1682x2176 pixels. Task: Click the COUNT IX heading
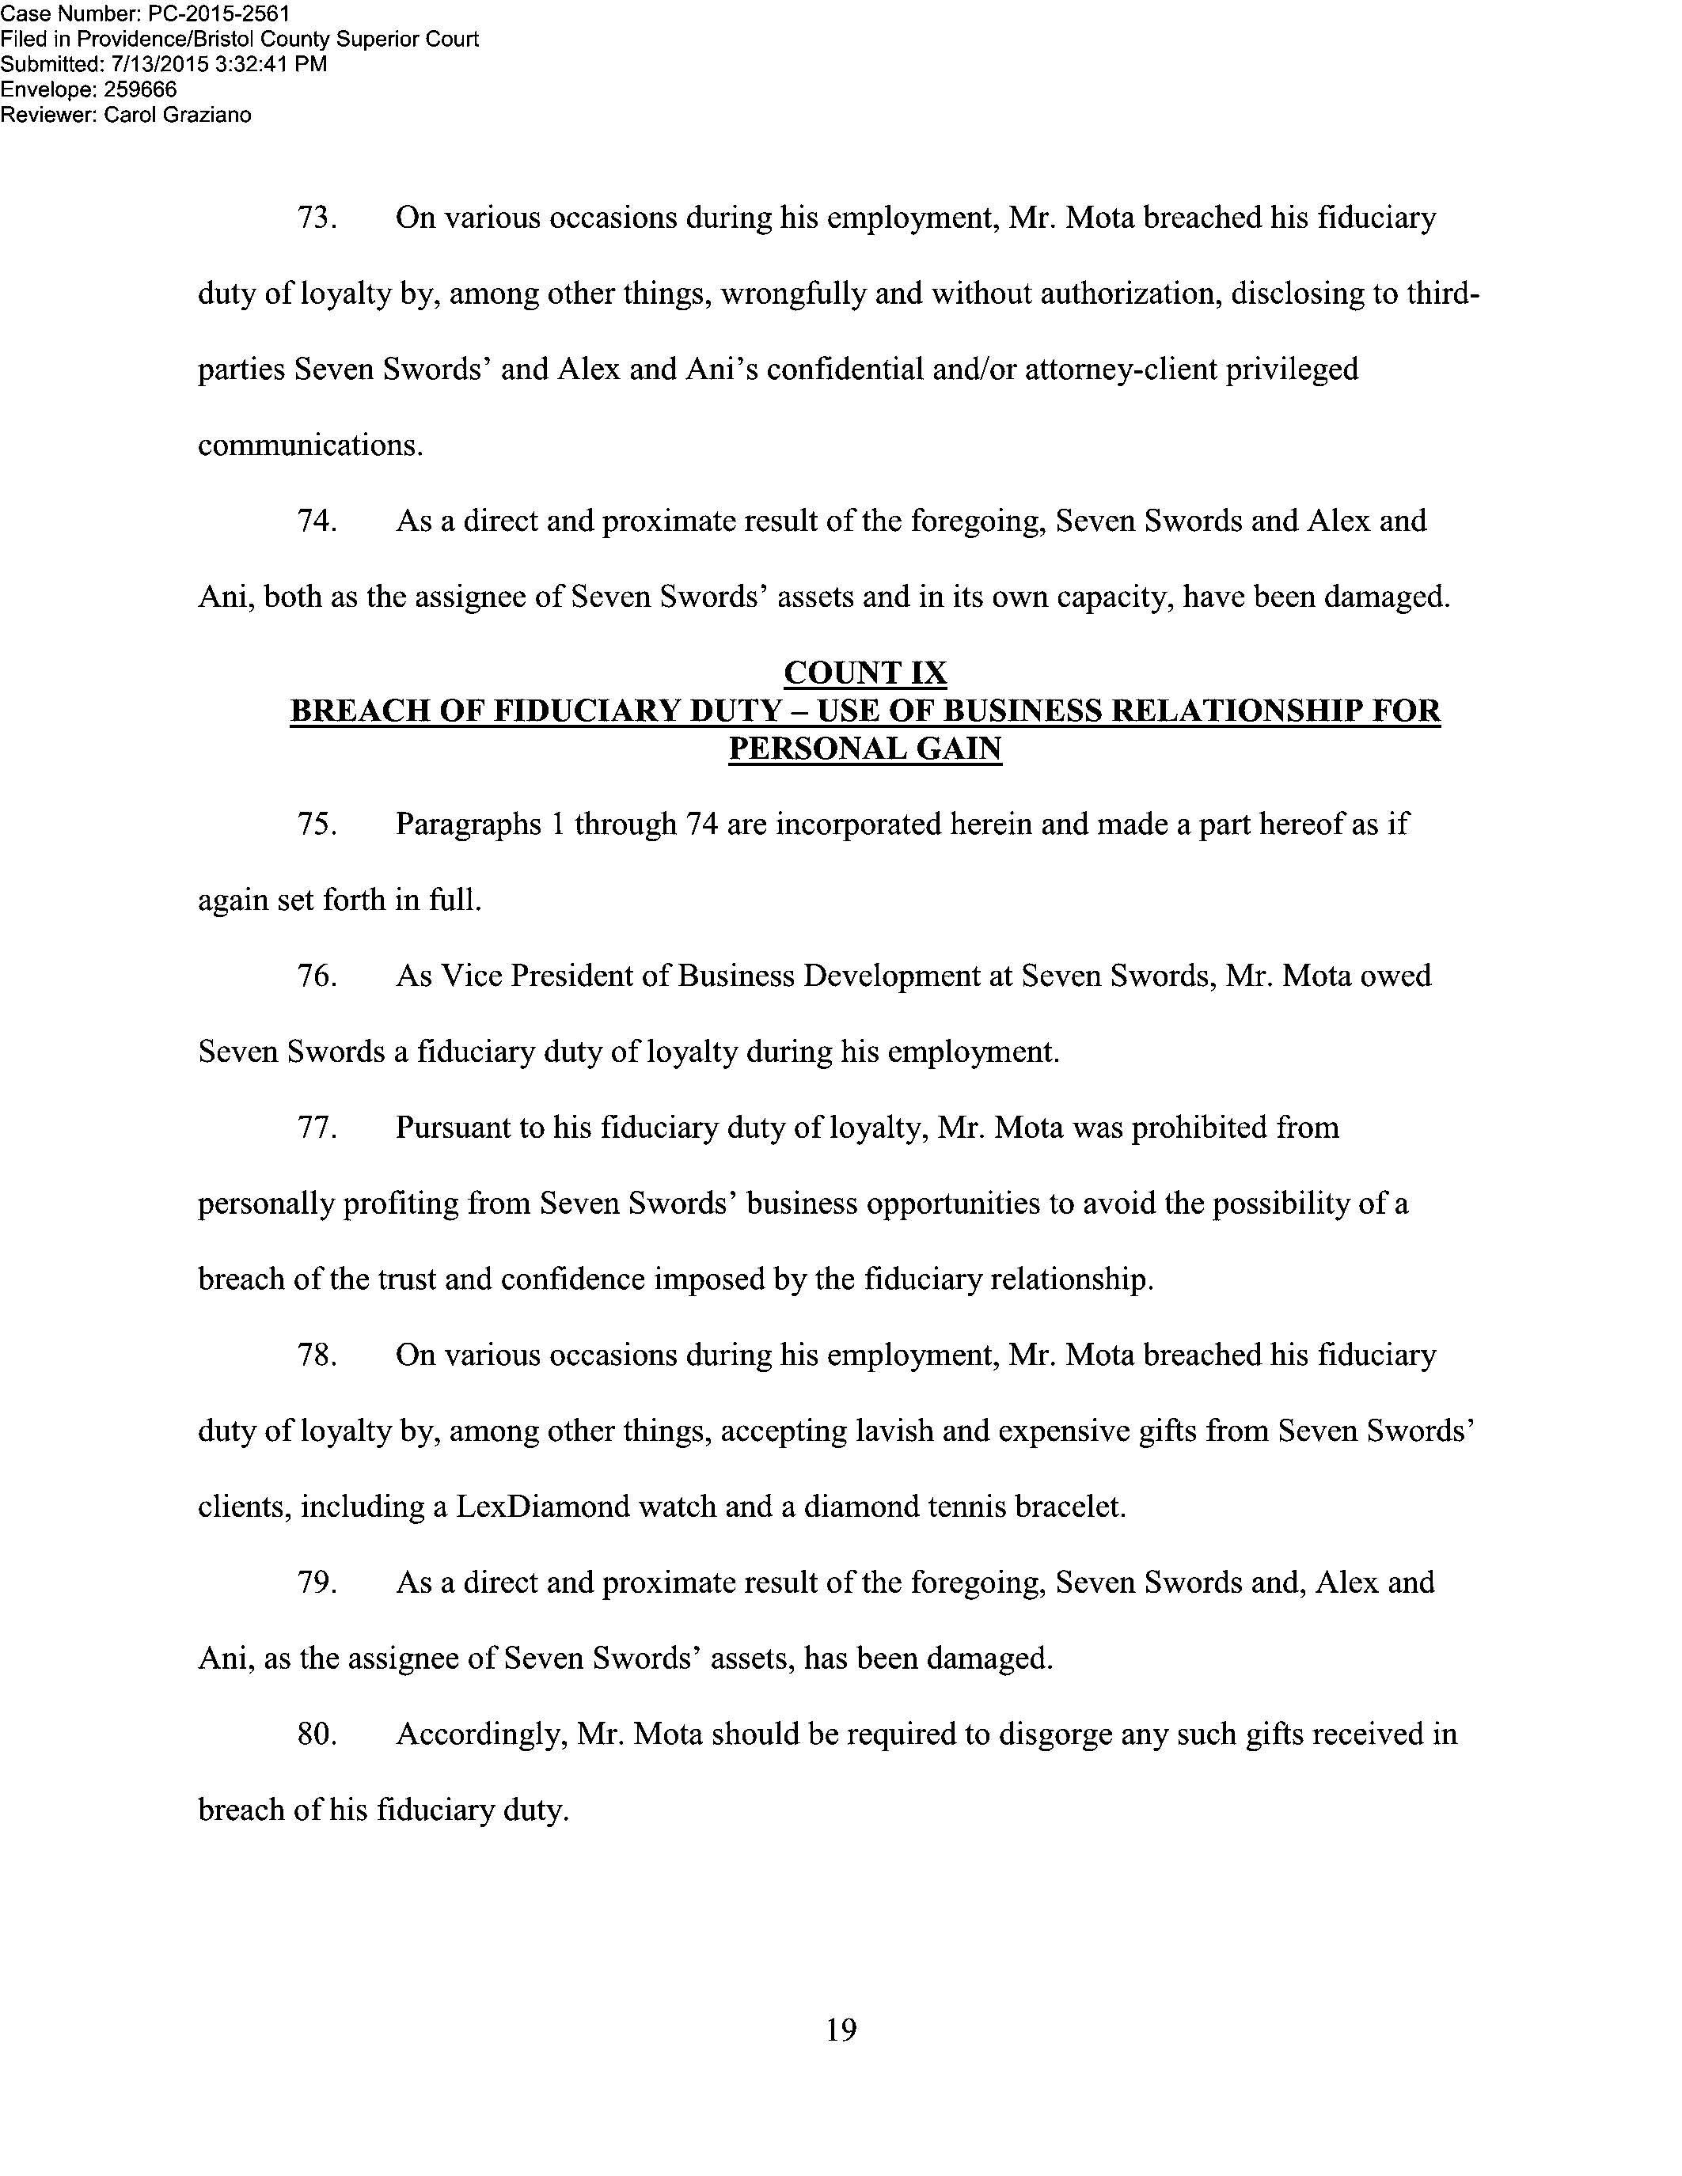pyautogui.click(x=865, y=673)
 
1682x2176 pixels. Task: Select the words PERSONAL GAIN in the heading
pyautogui.click(x=865, y=749)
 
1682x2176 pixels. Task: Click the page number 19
pyautogui.click(x=841, y=2030)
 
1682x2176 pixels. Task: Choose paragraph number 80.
pyautogui.click(x=316, y=1734)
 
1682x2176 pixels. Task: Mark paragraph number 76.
pyautogui.click(x=316, y=976)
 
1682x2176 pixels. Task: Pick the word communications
pyautogui.click(x=310, y=445)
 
